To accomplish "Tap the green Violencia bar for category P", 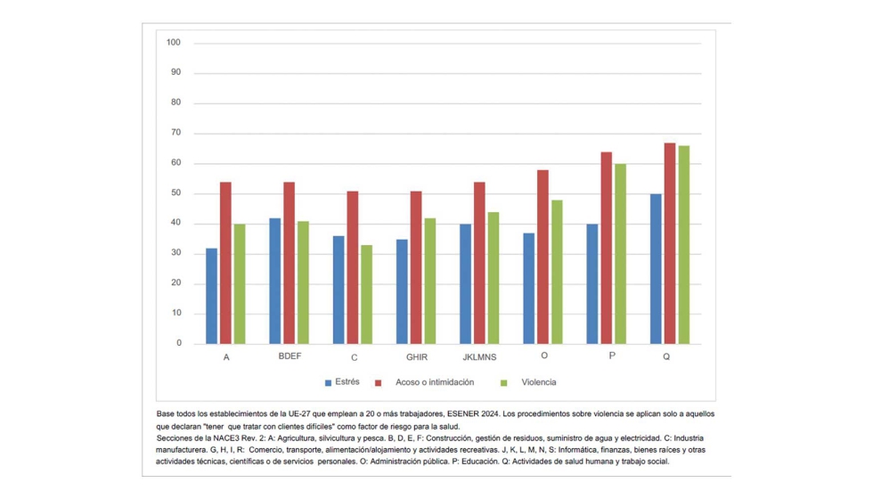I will [620, 254].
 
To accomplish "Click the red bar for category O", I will [543, 257].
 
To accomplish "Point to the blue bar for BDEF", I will [274, 281].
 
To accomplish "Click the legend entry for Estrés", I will [347, 382].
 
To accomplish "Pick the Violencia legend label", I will [538, 382].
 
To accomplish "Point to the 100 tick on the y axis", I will [174, 43].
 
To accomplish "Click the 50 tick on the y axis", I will [175, 193].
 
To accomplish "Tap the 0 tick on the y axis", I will [178, 343].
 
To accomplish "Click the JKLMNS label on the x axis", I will [480, 357].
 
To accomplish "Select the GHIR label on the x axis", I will [416, 357].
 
